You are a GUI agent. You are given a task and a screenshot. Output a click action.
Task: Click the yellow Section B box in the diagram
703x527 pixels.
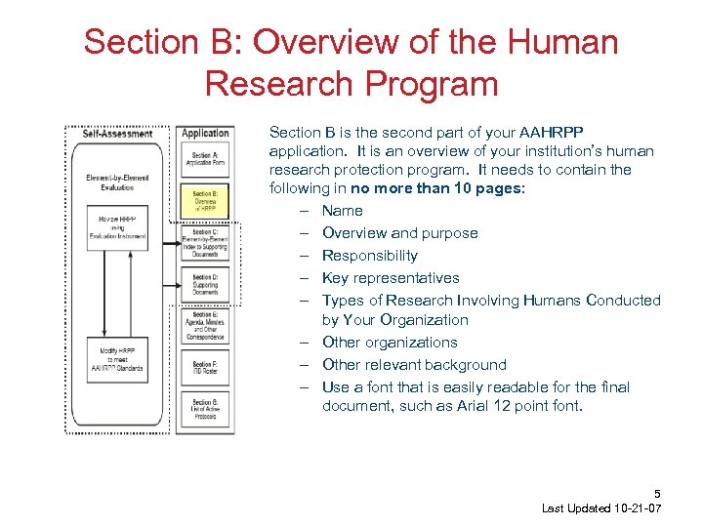click(204, 200)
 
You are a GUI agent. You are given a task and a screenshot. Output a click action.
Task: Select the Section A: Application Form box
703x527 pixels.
click(204, 159)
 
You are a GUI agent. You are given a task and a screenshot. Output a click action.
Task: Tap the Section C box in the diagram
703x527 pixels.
click(204, 245)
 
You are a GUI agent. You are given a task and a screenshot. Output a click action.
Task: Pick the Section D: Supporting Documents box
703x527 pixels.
click(204, 285)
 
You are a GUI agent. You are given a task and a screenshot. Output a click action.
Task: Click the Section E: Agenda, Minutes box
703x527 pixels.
click(204, 327)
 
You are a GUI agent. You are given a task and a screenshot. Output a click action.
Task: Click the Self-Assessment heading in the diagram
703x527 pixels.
click(116, 134)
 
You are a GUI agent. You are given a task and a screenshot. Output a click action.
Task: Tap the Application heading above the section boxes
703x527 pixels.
click(205, 133)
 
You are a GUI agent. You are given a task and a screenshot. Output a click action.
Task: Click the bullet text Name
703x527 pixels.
click(342, 211)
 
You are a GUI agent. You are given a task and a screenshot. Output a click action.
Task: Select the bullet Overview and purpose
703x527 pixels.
click(399, 233)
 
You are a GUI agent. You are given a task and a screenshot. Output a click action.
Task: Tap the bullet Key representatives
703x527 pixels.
click(390, 278)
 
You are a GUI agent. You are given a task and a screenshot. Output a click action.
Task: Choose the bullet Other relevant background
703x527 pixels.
click(414, 365)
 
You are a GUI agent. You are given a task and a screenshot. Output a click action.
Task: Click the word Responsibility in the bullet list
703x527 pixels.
click(369, 256)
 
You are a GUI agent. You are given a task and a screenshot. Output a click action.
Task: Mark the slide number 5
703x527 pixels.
click(657, 494)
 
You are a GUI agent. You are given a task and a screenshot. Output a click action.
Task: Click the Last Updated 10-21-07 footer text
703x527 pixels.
click(601, 509)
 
